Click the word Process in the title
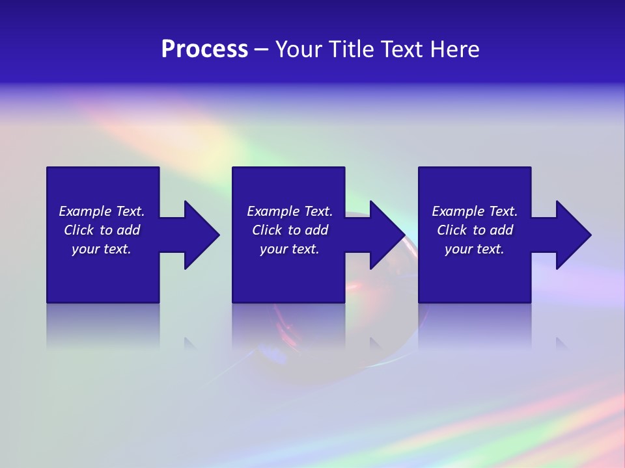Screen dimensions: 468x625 204,49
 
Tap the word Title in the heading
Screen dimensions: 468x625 351,49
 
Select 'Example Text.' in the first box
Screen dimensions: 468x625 102,211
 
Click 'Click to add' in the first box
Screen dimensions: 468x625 102,230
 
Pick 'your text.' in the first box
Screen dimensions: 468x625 102,249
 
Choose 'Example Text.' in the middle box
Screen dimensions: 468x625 290,211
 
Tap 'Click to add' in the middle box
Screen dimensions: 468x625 290,230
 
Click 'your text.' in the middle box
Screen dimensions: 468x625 290,249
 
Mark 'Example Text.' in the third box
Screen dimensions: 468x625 475,211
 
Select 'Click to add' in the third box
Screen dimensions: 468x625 475,230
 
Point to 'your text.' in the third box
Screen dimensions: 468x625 475,249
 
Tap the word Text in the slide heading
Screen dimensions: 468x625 400,49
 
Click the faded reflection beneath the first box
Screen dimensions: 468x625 103,325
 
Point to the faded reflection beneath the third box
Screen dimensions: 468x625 475,325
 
